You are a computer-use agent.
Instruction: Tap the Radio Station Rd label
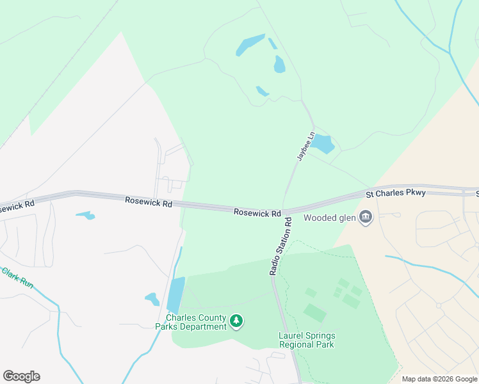[x=280, y=246]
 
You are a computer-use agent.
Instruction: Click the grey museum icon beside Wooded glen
[x=366, y=218]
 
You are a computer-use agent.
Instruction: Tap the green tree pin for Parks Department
[x=237, y=321]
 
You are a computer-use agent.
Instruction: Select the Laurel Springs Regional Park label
[x=307, y=340]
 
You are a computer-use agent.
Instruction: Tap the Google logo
[x=21, y=376]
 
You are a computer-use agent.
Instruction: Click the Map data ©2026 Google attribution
[x=439, y=379]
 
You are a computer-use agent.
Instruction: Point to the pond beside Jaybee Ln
[x=322, y=144]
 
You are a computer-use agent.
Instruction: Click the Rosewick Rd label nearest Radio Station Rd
[x=257, y=212]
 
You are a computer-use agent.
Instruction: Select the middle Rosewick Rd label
[x=149, y=202]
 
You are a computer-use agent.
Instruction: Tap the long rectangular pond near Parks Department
[x=175, y=294]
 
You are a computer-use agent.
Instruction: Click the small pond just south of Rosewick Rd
[x=85, y=216]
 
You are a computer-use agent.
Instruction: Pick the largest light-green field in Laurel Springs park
[x=315, y=313]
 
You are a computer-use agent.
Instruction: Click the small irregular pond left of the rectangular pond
[x=152, y=298]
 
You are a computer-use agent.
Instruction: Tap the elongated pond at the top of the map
[x=250, y=44]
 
